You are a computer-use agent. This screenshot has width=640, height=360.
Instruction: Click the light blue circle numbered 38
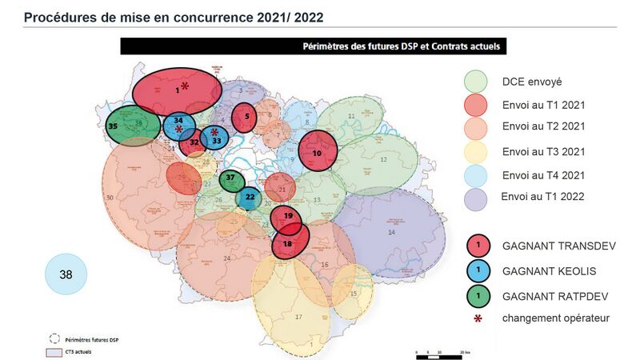(66, 274)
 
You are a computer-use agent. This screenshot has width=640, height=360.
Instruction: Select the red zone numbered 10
(318, 152)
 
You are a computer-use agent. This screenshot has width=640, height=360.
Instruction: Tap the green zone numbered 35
(126, 126)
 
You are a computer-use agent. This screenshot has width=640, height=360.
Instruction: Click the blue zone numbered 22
(250, 197)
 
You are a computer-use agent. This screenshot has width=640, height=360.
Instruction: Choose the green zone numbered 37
(231, 178)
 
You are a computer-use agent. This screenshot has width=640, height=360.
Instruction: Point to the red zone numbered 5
(245, 117)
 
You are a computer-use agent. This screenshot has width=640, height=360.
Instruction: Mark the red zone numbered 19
(286, 217)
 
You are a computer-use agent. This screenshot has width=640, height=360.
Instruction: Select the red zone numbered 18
(290, 243)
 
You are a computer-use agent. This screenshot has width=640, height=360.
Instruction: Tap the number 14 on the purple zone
(391, 232)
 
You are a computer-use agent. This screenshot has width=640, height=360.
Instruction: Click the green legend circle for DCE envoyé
(476, 81)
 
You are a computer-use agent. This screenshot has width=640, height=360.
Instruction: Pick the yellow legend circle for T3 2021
(476, 150)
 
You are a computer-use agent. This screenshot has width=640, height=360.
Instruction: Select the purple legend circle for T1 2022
(476, 196)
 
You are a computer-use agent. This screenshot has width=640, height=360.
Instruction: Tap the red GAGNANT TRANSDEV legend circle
(478, 243)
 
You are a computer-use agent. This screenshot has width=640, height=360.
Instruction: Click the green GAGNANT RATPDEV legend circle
(478, 295)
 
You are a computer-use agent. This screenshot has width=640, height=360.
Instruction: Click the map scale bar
(440, 351)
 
